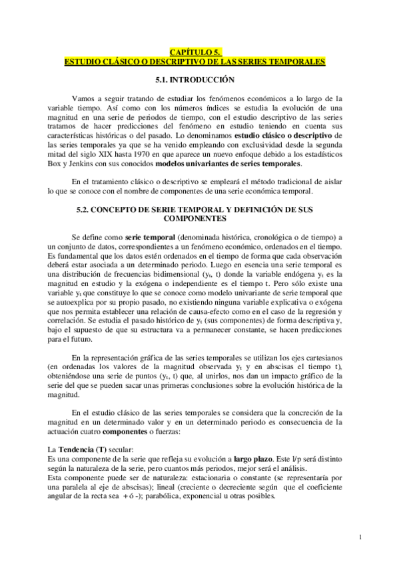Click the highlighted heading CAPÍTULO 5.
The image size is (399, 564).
(x=195, y=51)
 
